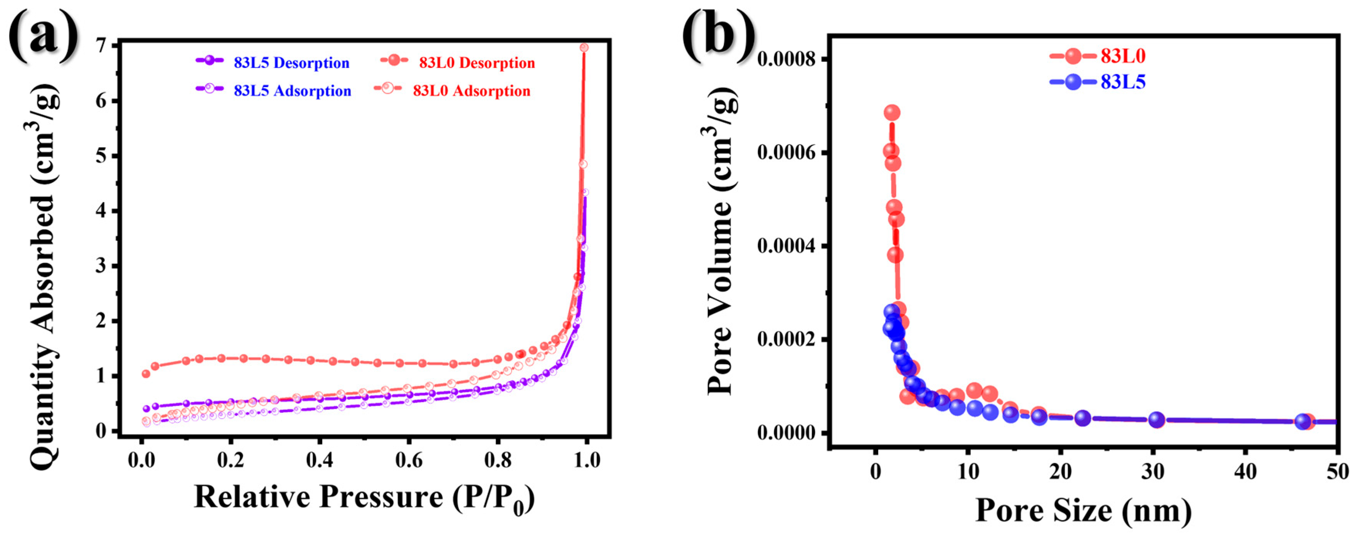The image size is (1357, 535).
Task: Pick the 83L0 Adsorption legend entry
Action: click(471, 91)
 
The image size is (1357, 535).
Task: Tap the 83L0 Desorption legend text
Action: click(477, 63)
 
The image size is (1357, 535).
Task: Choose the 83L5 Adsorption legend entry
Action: click(292, 91)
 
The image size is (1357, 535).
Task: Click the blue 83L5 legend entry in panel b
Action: click(1123, 82)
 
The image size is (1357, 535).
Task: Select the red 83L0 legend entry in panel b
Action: click(1123, 56)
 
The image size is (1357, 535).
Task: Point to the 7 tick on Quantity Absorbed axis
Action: click(102, 46)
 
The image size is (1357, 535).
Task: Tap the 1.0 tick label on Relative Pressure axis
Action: click(586, 460)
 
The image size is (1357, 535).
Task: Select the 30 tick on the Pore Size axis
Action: click(1153, 471)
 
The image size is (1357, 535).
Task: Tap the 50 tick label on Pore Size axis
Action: click(1337, 471)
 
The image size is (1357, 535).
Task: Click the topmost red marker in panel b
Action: click(891, 112)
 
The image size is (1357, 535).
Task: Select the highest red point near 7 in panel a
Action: click(584, 47)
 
